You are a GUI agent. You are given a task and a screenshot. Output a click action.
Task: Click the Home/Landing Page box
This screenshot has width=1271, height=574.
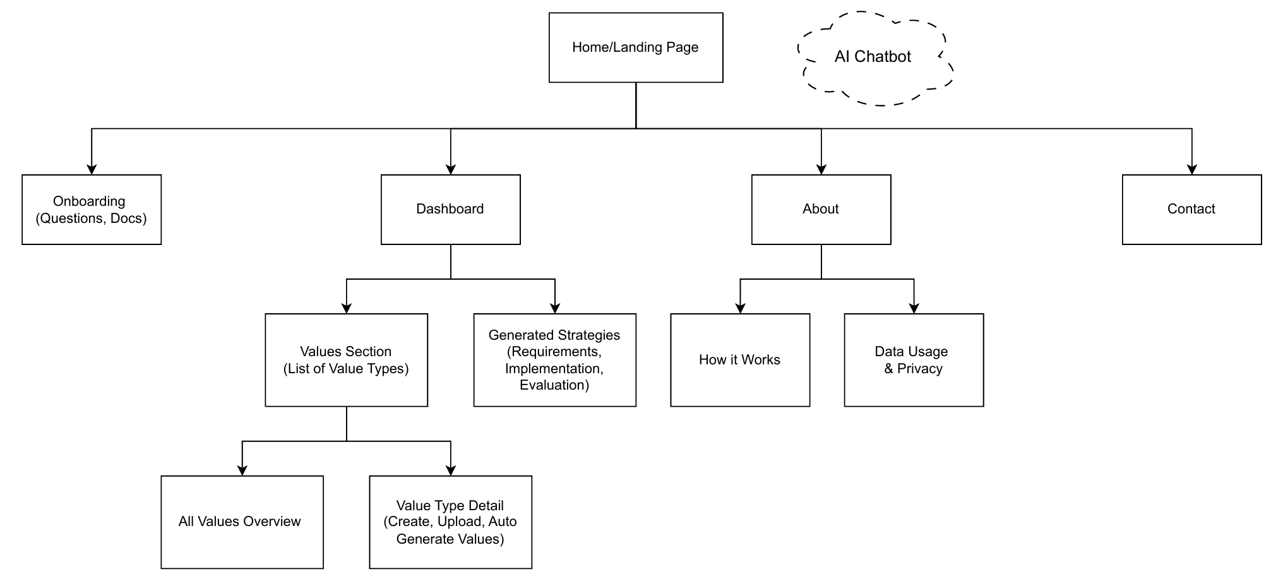(x=636, y=47)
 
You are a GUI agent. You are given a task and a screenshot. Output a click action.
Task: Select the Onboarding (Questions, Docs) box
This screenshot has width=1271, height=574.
(x=92, y=210)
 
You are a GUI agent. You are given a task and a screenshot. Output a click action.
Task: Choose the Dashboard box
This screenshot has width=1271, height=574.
(x=451, y=210)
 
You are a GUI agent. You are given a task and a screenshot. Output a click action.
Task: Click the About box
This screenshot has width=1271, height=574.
(x=821, y=210)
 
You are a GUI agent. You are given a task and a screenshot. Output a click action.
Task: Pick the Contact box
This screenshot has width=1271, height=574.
(x=1191, y=210)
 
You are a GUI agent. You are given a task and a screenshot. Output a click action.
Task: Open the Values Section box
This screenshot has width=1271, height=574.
(x=346, y=360)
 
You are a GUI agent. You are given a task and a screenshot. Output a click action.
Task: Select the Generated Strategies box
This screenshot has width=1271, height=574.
(x=554, y=360)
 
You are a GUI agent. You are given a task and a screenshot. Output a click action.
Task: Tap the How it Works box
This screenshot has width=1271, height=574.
(x=740, y=360)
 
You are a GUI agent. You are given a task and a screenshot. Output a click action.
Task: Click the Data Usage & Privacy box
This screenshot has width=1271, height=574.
(x=914, y=360)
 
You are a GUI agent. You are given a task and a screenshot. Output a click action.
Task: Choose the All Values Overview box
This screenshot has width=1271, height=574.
(x=242, y=522)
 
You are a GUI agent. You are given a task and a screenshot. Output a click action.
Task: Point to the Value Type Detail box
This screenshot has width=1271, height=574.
(x=450, y=522)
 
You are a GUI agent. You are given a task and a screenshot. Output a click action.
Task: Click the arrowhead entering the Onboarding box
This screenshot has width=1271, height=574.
(x=92, y=169)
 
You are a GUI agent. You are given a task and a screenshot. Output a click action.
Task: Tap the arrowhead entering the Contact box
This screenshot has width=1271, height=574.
(x=1191, y=169)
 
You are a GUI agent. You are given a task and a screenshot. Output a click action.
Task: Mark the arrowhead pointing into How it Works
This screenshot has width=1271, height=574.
(x=740, y=308)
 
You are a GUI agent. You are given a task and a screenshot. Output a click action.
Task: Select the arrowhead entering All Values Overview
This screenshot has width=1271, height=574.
(x=242, y=470)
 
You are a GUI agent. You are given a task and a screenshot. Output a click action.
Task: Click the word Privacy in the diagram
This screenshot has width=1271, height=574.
(x=919, y=369)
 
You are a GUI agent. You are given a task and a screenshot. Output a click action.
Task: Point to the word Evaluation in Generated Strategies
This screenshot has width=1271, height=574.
(x=554, y=385)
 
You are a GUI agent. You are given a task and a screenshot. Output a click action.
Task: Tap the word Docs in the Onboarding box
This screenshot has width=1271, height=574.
(x=128, y=218)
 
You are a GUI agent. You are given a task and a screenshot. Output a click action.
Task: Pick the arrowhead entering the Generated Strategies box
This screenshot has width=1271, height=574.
(x=554, y=308)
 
